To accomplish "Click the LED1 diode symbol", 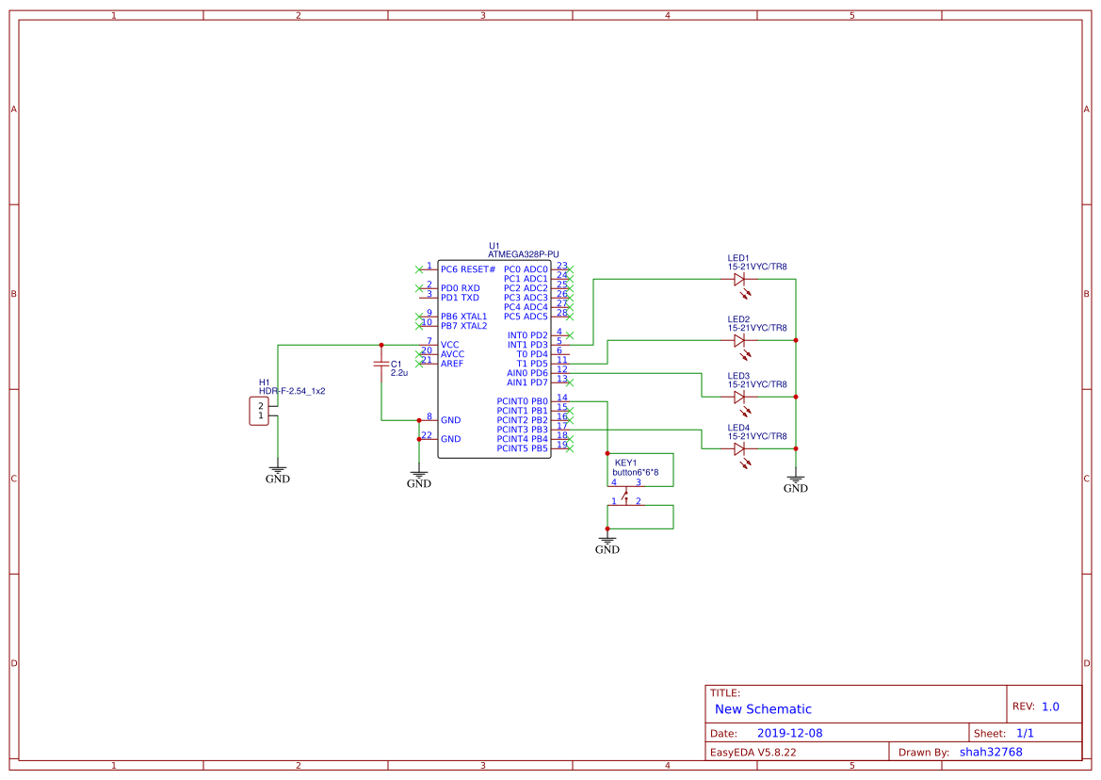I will (x=738, y=279).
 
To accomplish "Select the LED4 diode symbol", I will (x=738, y=449).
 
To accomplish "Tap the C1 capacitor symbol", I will (x=380, y=363).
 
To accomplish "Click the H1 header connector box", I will (x=258, y=411).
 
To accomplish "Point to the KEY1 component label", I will (x=626, y=463).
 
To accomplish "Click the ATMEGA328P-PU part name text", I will (x=523, y=254).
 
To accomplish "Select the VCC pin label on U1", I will (x=450, y=345).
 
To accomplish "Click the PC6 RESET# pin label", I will (x=467, y=269).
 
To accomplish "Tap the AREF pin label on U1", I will (x=453, y=364).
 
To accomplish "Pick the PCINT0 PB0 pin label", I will (x=522, y=401).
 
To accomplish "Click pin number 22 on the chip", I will (x=428, y=435).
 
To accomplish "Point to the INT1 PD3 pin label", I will (x=527, y=345).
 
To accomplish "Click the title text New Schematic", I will (x=763, y=709).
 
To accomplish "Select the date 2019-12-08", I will (x=789, y=733).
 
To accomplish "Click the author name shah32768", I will (x=990, y=752).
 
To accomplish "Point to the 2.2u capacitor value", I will (x=398, y=373).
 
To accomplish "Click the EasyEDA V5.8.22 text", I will (x=753, y=752).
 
